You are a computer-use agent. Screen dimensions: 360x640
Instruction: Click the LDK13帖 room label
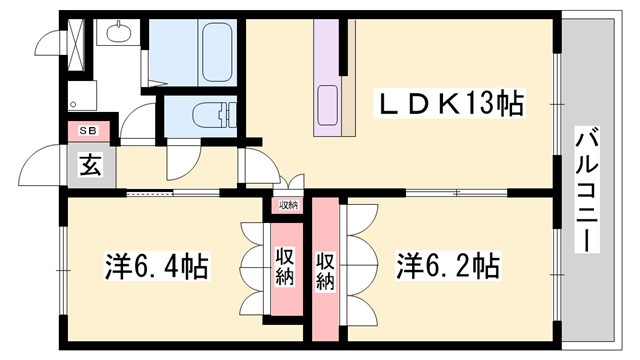(x=449, y=104)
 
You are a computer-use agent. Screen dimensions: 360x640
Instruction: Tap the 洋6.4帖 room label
(x=157, y=267)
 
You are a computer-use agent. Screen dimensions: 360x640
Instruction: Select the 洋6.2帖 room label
(x=448, y=267)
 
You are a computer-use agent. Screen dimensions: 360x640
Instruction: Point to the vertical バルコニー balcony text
(x=587, y=190)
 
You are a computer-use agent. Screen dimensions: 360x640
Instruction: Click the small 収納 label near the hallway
(x=288, y=205)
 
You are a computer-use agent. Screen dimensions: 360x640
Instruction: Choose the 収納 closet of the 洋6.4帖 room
(x=283, y=266)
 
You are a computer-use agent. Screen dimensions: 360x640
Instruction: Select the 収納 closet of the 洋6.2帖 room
(x=325, y=270)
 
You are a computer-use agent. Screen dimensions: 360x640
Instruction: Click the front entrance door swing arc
(x=45, y=166)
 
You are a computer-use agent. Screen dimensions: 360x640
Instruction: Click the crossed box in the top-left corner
(x=75, y=35)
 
